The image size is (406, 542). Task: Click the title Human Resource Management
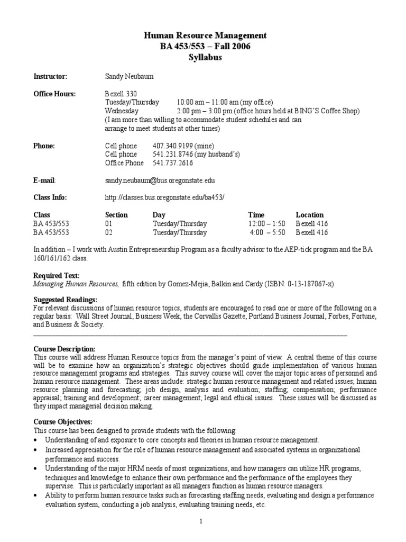pyautogui.click(x=205, y=35)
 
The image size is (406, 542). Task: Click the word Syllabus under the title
pyautogui.click(x=205, y=57)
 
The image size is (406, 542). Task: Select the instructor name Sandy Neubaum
pyautogui.click(x=130, y=77)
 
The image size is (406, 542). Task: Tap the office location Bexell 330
pyautogui.click(x=121, y=94)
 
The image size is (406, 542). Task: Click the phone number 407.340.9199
pyautogui.click(x=173, y=146)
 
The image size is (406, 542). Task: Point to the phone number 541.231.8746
pyautogui.click(x=173, y=154)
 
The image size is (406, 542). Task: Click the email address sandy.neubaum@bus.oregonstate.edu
pyautogui.click(x=160, y=180)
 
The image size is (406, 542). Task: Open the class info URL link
pyautogui.click(x=165, y=197)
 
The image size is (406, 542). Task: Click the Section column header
pyautogui.click(x=116, y=215)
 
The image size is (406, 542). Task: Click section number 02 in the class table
pyautogui.click(x=109, y=232)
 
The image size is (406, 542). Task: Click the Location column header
pyautogui.click(x=310, y=215)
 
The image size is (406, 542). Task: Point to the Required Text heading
pyautogui.click(x=57, y=276)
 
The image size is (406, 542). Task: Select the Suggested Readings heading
pyautogui.click(x=66, y=300)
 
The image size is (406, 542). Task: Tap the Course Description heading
pyautogui.click(x=64, y=349)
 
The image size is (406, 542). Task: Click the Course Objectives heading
pyautogui.click(x=63, y=422)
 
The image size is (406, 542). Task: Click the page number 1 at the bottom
pyautogui.click(x=201, y=522)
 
